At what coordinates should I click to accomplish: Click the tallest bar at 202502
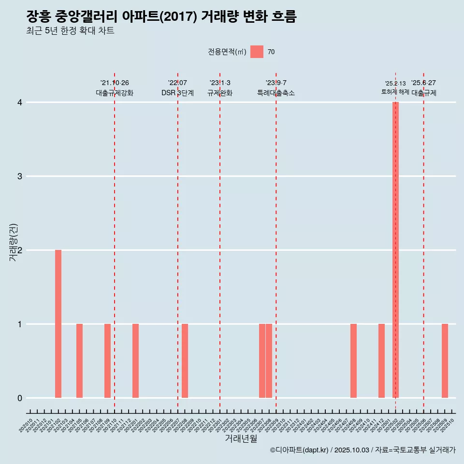pyautogui.click(x=395, y=250)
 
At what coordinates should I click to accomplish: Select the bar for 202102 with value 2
pyautogui.click(x=58, y=324)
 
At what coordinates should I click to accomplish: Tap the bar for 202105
pyautogui.click(x=79, y=361)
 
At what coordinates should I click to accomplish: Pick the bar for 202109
pyautogui.click(x=107, y=361)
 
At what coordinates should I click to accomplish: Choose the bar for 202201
pyautogui.click(x=135, y=361)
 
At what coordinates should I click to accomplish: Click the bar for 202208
pyautogui.click(x=185, y=361)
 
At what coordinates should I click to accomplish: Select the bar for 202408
pyautogui.click(x=353, y=361)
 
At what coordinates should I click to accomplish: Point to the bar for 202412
pyautogui.click(x=381, y=361)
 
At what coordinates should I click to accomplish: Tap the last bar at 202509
pyautogui.click(x=445, y=361)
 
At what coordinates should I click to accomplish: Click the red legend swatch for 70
pyautogui.click(x=257, y=52)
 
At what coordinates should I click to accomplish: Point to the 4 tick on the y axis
pyautogui.click(x=20, y=102)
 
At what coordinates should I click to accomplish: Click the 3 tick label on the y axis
pyautogui.click(x=20, y=176)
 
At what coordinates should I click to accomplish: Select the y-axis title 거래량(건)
pyautogui.click(x=13, y=242)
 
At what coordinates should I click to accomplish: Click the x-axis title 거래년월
pyautogui.click(x=241, y=438)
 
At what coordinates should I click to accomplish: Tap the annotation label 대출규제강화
pyautogui.click(x=115, y=93)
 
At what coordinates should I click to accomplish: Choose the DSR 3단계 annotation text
pyautogui.click(x=177, y=93)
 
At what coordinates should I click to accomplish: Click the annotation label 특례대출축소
pyautogui.click(x=276, y=93)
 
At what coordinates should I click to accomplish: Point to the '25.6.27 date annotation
pyautogui.click(x=423, y=83)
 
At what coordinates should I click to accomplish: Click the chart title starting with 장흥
pyautogui.click(x=161, y=16)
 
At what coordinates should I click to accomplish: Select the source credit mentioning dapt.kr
pyautogui.click(x=362, y=450)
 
